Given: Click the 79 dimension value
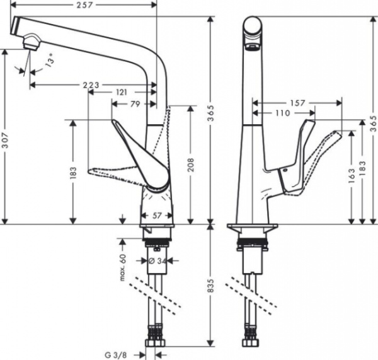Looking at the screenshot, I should coord(135,104).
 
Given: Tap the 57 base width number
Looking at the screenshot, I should coord(156,216).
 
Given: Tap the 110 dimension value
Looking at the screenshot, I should coord(283,113).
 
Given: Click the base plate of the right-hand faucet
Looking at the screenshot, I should coord(251,228).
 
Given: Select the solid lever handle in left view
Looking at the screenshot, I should coord(142,154).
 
